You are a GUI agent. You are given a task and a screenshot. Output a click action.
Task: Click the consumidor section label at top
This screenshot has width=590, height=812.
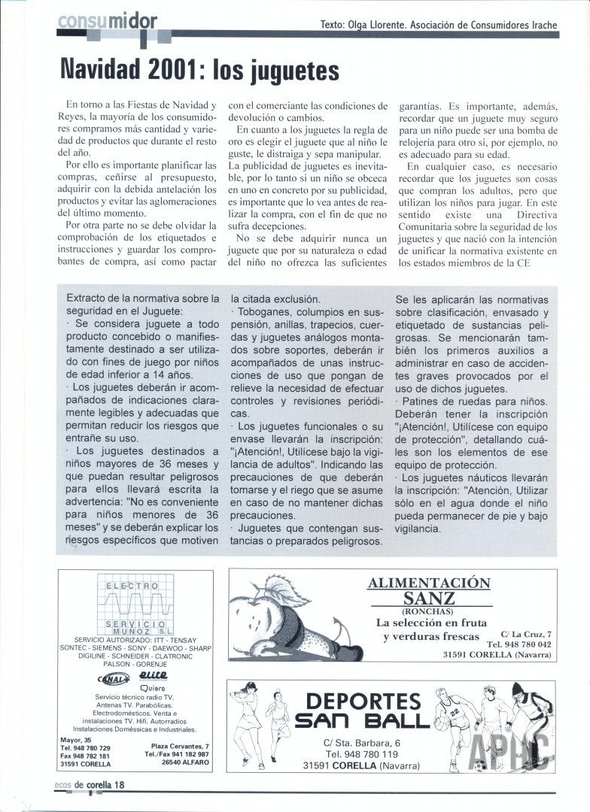(107, 22)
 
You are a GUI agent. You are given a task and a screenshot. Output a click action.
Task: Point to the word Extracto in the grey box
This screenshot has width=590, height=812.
(90, 298)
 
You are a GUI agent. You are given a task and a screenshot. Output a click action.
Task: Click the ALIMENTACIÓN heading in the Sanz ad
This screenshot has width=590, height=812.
(430, 583)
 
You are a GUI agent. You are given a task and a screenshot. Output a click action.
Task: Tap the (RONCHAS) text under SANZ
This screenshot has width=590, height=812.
(429, 612)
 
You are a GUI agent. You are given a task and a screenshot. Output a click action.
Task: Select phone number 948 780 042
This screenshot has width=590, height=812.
(519, 644)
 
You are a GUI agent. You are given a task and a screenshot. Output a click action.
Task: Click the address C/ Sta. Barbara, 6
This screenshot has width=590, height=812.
(361, 743)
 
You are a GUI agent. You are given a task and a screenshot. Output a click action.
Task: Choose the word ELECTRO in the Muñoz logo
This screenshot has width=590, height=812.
(132, 586)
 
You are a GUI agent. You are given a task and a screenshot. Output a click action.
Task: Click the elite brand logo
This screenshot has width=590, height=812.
(154, 676)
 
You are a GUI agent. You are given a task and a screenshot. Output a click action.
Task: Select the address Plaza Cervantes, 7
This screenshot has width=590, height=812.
(176, 745)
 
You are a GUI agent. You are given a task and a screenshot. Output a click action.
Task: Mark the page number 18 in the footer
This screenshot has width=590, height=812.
(120, 785)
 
